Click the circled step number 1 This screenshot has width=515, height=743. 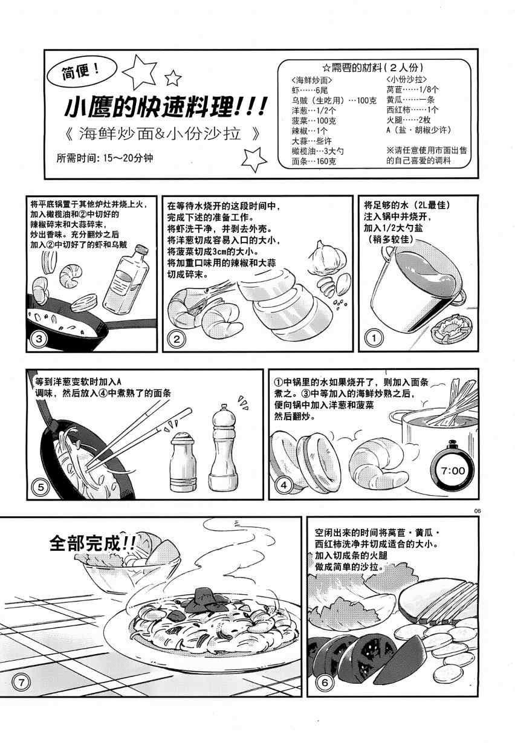pyautogui.click(x=374, y=338)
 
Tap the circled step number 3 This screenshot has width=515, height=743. pyautogui.click(x=39, y=339)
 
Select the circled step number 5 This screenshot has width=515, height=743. pyautogui.click(x=40, y=487)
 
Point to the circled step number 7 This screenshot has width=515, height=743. pyautogui.click(x=22, y=683)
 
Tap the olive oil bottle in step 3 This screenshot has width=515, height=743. pyautogui.click(x=126, y=278)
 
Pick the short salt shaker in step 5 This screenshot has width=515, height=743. pyautogui.click(x=183, y=462)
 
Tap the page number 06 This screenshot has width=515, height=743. pyautogui.click(x=477, y=511)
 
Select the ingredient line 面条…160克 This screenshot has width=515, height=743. pyautogui.click(x=314, y=161)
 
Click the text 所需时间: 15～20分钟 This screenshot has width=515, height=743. pyautogui.click(x=105, y=158)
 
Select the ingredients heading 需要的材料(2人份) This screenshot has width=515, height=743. pyautogui.click(x=373, y=68)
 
